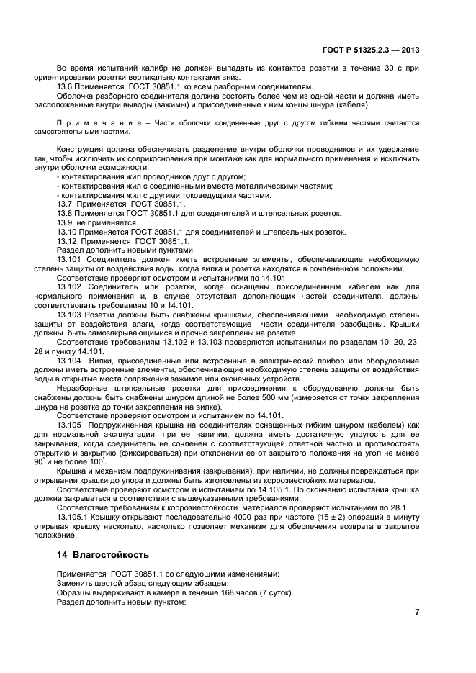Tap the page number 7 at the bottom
[x=416, y=612]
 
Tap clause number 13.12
[x=67, y=241]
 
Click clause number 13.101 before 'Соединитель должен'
[x=69, y=259]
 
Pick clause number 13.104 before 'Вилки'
[x=69, y=359]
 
